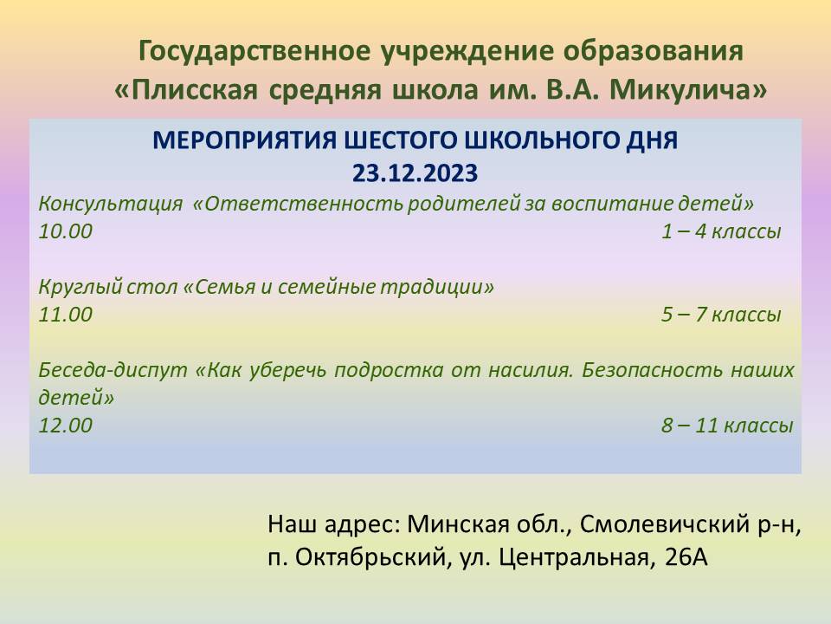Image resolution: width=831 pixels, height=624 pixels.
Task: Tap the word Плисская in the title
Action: [194, 89]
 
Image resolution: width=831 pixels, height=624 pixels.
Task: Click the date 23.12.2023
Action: [415, 173]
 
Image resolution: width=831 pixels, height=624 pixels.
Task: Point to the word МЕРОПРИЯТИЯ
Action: [244, 140]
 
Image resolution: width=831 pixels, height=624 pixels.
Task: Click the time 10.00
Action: [65, 231]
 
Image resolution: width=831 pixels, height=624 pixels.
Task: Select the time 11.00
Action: [65, 315]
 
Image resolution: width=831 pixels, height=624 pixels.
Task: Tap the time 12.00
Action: [65, 426]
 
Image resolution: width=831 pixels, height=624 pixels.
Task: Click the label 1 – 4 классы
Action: [721, 231]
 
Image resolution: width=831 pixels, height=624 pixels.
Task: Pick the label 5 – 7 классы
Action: [721, 315]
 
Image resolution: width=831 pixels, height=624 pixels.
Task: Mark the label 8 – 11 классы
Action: [727, 426]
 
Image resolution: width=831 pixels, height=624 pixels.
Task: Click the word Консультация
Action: [110, 205]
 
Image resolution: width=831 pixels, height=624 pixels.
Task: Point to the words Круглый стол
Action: [108, 287]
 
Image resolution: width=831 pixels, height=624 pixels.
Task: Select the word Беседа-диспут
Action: [113, 370]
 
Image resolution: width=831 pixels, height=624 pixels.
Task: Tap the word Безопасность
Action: [652, 369]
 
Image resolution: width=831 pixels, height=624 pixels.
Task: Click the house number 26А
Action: [686, 557]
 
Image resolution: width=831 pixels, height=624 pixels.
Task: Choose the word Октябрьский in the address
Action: [370, 557]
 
